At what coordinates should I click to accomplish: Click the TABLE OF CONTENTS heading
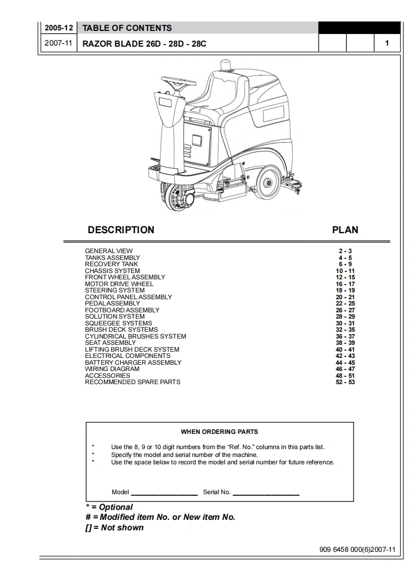[x=127, y=28]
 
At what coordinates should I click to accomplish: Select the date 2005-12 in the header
[x=58, y=28]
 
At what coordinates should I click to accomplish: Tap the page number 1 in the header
[x=387, y=43]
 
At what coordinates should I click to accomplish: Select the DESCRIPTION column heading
[x=121, y=230]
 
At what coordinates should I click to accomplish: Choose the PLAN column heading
[x=345, y=230]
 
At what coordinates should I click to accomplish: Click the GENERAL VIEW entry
[x=109, y=251]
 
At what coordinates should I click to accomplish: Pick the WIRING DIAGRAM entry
[x=112, y=369]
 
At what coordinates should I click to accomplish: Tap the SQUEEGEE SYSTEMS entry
[x=119, y=323]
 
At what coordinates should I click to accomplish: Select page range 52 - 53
[x=345, y=382]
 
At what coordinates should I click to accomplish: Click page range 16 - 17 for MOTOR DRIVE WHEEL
[x=345, y=284]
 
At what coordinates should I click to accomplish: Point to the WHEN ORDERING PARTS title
[x=219, y=432]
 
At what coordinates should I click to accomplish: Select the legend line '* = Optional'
[x=109, y=507]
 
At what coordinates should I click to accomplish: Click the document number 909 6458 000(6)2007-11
[x=357, y=550]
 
